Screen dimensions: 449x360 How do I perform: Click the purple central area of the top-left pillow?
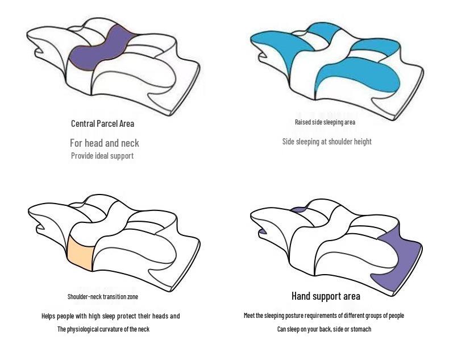coord(100,50)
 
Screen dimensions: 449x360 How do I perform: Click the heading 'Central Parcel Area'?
coord(102,123)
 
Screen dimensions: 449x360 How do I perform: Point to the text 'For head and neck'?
coord(105,143)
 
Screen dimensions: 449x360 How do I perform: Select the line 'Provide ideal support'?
coord(102,156)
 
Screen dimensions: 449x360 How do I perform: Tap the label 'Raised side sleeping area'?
coord(325,122)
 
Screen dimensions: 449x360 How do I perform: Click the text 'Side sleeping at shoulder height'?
coord(327,141)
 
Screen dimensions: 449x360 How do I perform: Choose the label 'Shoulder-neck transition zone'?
coord(103,296)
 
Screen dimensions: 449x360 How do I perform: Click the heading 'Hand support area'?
coord(326,296)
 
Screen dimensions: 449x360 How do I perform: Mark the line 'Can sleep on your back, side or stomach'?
coord(324,329)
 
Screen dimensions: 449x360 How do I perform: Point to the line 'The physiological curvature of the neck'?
coord(103,329)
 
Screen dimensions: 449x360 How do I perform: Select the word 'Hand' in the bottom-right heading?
coord(301,296)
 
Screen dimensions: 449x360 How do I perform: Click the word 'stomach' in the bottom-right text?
coord(360,329)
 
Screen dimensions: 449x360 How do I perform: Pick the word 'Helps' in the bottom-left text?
coord(48,316)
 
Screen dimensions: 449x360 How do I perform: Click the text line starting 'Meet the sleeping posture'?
coord(324,316)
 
